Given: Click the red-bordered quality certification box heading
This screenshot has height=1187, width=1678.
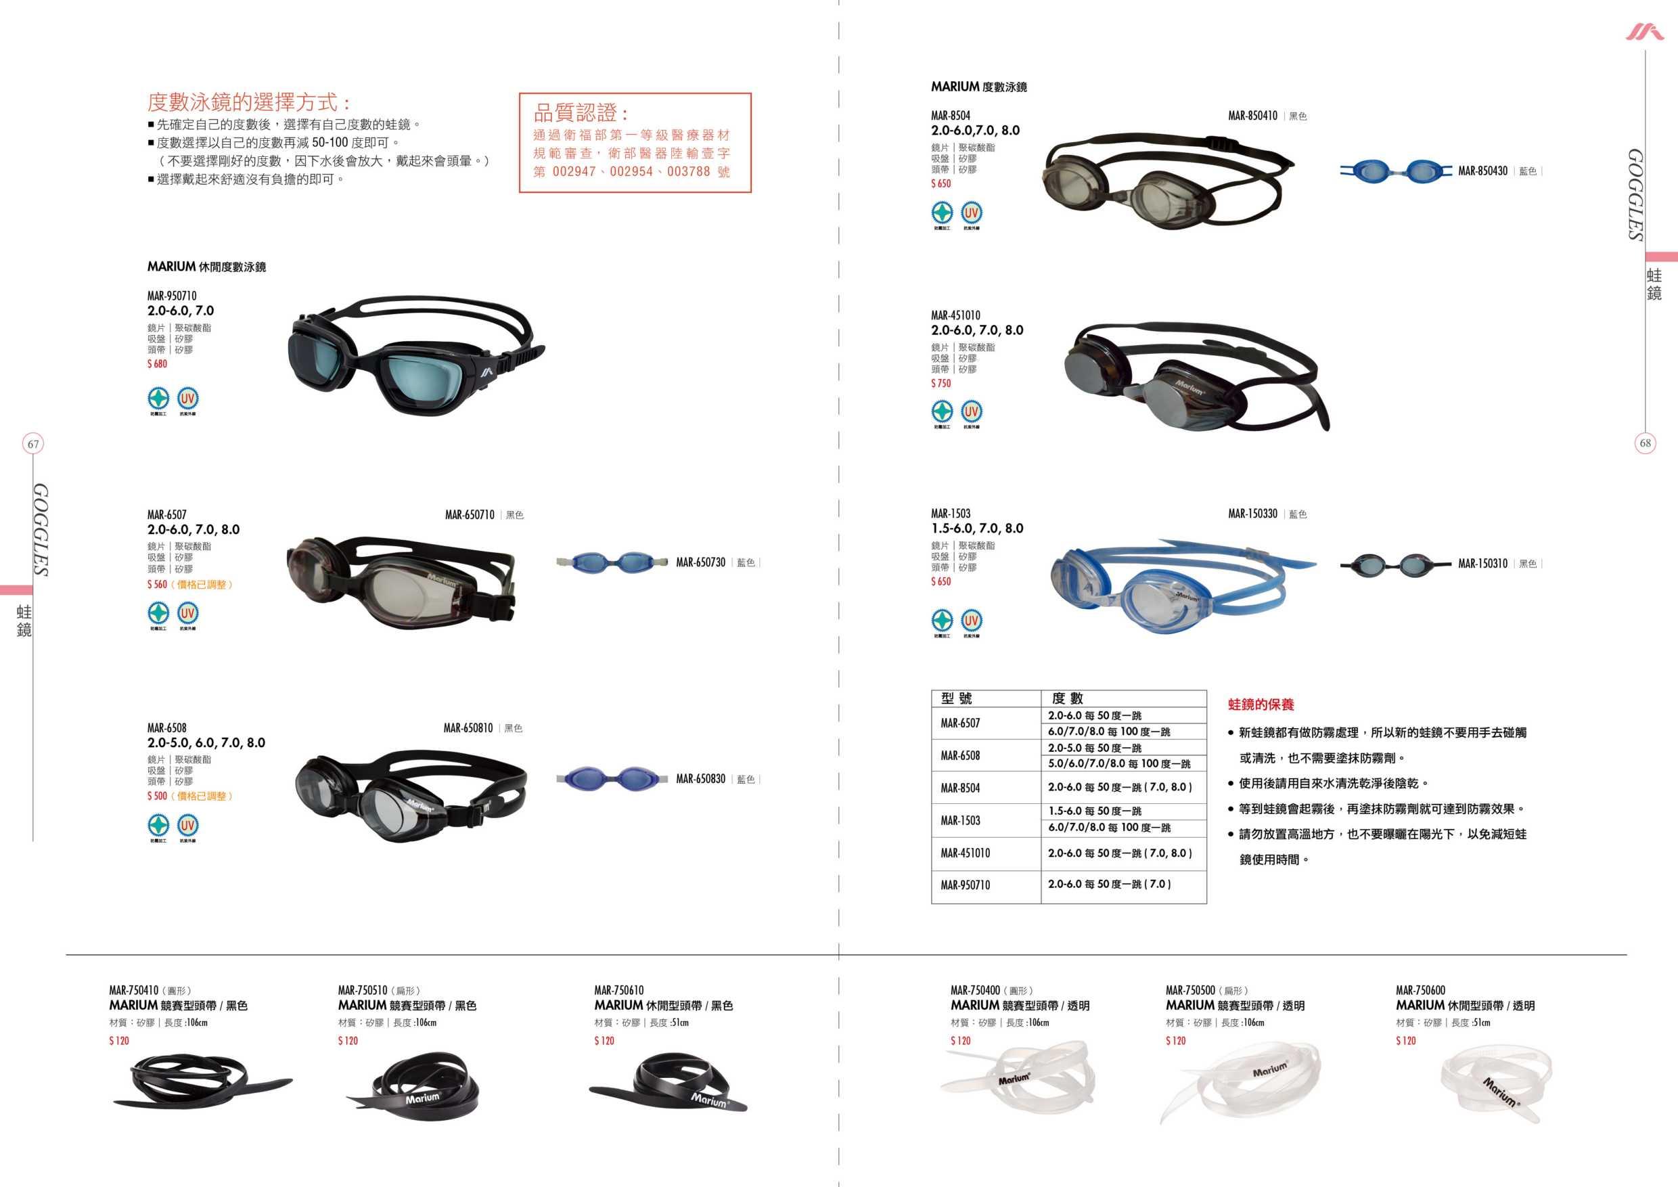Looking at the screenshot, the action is (581, 113).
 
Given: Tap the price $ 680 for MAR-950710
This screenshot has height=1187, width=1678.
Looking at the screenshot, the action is (157, 364).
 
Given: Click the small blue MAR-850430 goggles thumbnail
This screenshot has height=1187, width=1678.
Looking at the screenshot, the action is (1394, 171).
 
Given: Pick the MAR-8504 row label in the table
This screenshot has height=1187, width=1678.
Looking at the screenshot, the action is (959, 788).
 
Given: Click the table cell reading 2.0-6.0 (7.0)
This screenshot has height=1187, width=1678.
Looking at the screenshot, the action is (1109, 884).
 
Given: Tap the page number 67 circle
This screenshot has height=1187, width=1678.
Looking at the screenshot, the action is (33, 444).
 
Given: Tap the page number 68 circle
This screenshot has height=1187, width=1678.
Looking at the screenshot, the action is (1645, 443).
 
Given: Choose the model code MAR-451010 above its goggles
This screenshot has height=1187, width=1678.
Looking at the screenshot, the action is (955, 316).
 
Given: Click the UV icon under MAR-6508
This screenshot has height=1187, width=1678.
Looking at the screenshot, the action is (188, 825).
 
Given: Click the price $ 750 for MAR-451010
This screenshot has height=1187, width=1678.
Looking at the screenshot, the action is (940, 384).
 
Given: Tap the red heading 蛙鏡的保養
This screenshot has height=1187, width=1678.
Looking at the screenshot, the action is (1261, 704).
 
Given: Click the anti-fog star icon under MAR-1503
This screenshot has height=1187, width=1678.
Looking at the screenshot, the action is (942, 621).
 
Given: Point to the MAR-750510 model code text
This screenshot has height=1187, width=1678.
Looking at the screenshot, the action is (362, 990).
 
